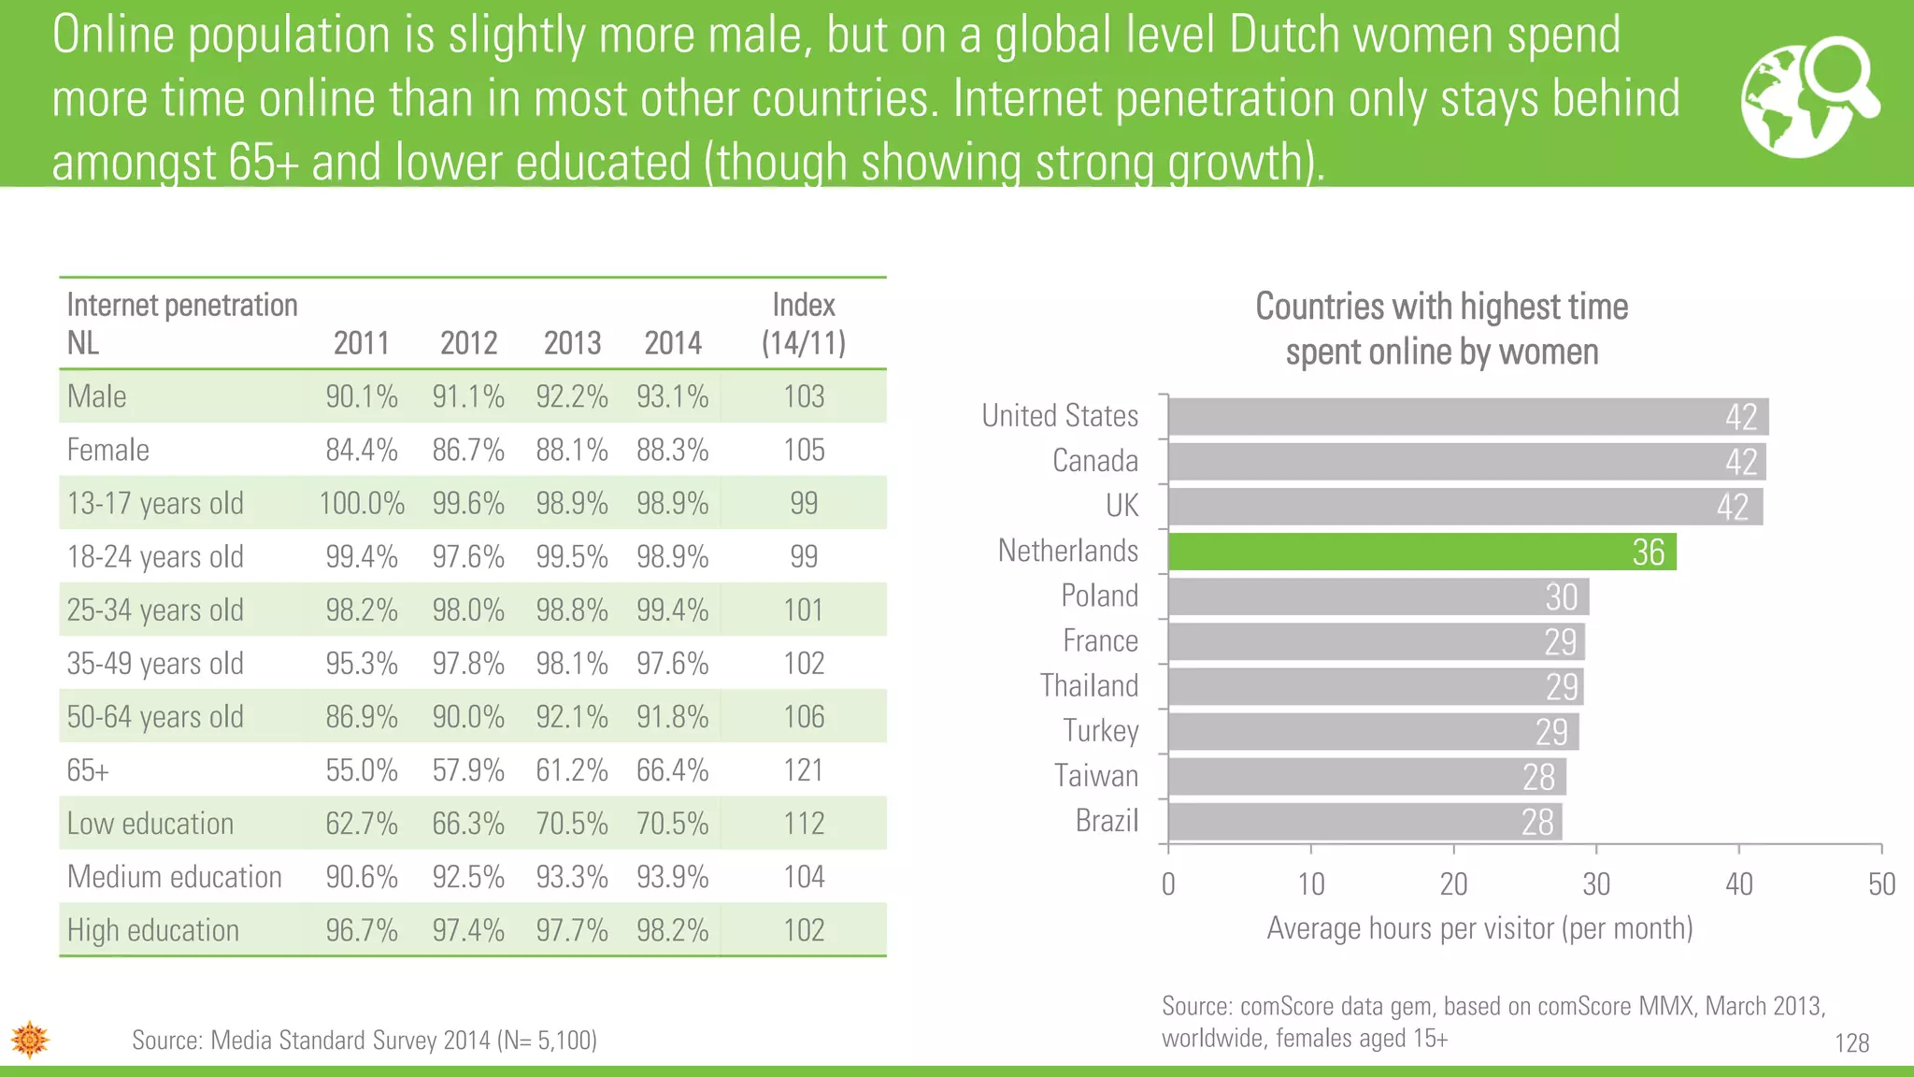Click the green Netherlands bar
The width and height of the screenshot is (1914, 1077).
tap(1421, 552)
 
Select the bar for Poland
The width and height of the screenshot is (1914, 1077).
tap(1378, 596)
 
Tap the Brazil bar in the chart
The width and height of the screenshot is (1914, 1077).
tap(1364, 822)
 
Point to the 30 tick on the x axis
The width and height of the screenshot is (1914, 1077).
tap(1595, 883)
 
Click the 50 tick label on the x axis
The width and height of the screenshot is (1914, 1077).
tap(1880, 883)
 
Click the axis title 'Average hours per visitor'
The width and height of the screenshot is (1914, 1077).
tap(1479, 928)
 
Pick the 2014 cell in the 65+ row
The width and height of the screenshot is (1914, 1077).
tap(672, 770)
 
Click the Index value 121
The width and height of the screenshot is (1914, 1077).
tap(804, 770)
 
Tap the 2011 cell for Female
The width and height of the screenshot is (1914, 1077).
tap(362, 450)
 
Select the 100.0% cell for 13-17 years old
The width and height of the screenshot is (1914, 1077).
tap(362, 503)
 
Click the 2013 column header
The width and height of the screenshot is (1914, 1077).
tap(572, 343)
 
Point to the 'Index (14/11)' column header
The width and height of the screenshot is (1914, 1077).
tap(804, 323)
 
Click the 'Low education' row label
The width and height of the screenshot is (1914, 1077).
tap(150, 824)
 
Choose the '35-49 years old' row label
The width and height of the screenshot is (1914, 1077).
tap(155, 664)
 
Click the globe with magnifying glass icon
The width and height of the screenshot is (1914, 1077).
tap(1809, 96)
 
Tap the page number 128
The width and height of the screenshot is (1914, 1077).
tap(1851, 1042)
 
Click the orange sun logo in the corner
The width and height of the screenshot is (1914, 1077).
tap(30, 1039)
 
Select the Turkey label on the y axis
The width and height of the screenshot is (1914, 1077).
tap(1100, 731)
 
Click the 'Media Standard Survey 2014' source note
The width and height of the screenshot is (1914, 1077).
tap(364, 1040)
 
